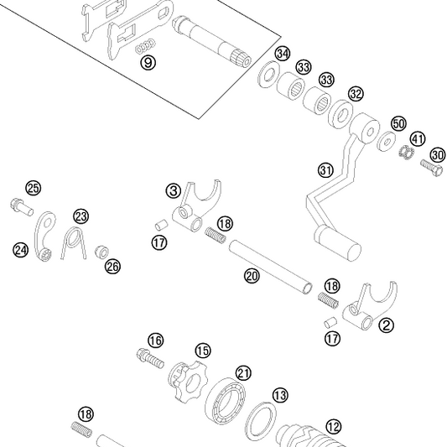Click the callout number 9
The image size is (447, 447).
[x=148, y=64]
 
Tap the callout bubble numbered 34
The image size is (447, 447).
[x=283, y=55]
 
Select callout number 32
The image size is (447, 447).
[x=356, y=93]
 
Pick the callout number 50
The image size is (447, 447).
[x=398, y=123]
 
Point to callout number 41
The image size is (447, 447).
[x=418, y=138]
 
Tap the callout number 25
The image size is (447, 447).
[x=33, y=187]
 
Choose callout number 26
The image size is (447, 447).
[x=112, y=266]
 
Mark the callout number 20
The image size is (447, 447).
[x=251, y=275]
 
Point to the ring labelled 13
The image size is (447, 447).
[x=261, y=421]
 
